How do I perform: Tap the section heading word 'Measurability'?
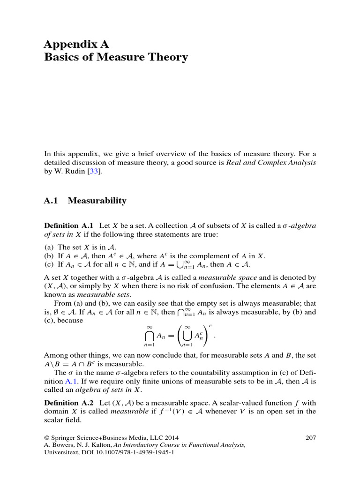(x=97, y=201)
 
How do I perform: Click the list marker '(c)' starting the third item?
(x=49, y=265)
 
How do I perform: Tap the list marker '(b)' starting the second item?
(x=49, y=256)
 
